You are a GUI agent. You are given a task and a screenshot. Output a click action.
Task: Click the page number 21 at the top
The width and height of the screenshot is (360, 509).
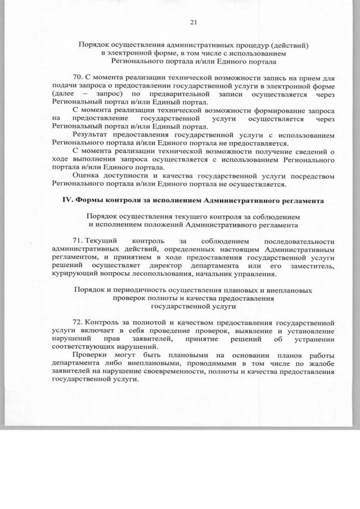[193, 22]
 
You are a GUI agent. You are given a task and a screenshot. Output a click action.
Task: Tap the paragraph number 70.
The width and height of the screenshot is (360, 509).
[78, 76]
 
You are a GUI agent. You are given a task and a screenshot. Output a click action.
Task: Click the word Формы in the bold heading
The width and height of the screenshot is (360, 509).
[89, 201]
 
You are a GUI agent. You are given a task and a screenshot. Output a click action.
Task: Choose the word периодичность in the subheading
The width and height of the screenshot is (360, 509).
[139, 291]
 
